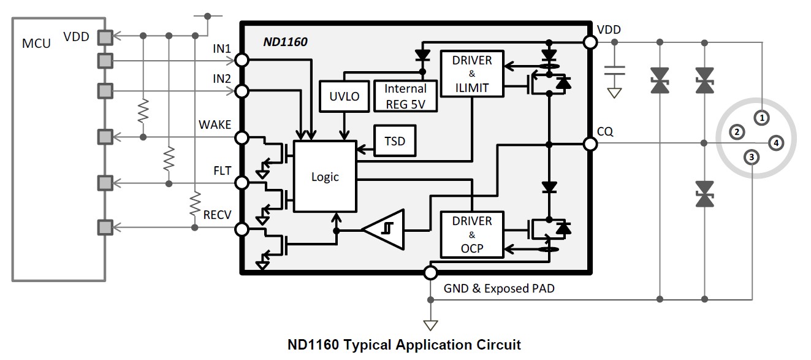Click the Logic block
tap(325, 177)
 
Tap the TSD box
tap(395, 141)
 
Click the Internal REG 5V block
tap(405, 96)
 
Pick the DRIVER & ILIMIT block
tap(471, 74)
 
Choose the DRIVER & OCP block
tap(471, 235)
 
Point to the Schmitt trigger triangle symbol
tap(386, 230)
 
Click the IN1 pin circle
tap(242, 60)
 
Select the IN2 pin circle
tap(242, 91)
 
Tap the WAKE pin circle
tap(242, 137)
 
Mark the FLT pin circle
tap(242, 183)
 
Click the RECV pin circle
tap(242, 229)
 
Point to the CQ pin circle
tap(590, 144)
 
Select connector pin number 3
tap(752, 158)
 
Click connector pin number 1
tap(761, 117)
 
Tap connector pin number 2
tap(737, 131)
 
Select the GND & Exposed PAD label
tap(499, 288)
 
